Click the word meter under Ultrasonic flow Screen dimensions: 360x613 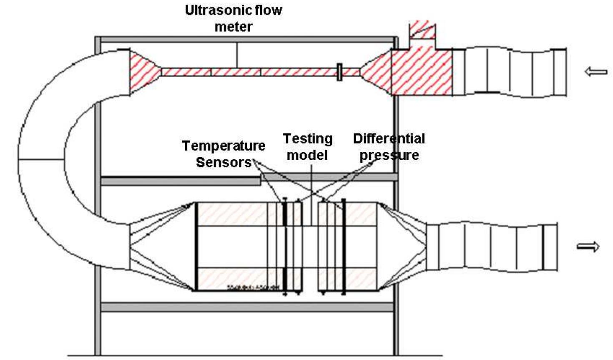point(234,27)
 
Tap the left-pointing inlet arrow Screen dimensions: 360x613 point(596,72)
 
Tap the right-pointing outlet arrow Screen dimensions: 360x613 point(588,247)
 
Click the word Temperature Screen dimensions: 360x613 point(224,146)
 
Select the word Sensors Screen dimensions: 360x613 point(224,162)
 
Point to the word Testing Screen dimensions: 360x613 point(308,139)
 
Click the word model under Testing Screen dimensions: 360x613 point(307,155)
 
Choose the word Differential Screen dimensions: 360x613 point(389,139)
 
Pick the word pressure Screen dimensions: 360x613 point(389,155)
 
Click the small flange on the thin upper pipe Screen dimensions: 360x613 point(339,72)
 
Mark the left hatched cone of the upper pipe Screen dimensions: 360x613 point(144,72)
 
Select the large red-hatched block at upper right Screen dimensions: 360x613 point(421,72)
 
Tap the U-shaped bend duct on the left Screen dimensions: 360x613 point(42,159)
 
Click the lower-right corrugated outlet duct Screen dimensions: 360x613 point(492,247)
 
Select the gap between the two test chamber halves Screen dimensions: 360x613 point(310,247)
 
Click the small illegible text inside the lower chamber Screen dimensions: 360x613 point(253,287)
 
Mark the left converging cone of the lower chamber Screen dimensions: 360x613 point(163,246)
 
